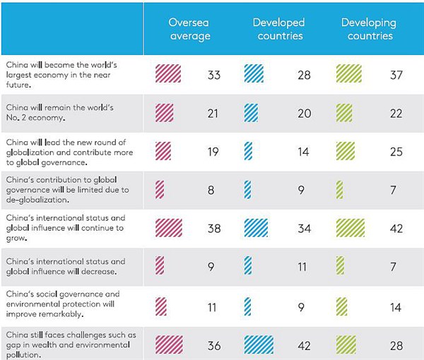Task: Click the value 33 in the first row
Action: click(215, 75)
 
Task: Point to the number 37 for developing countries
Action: click(396, 75)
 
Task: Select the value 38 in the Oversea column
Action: click(215, 229)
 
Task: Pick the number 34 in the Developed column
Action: click(305, 229)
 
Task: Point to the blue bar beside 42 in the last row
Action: click(259, 344)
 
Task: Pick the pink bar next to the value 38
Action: click(168, 228)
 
